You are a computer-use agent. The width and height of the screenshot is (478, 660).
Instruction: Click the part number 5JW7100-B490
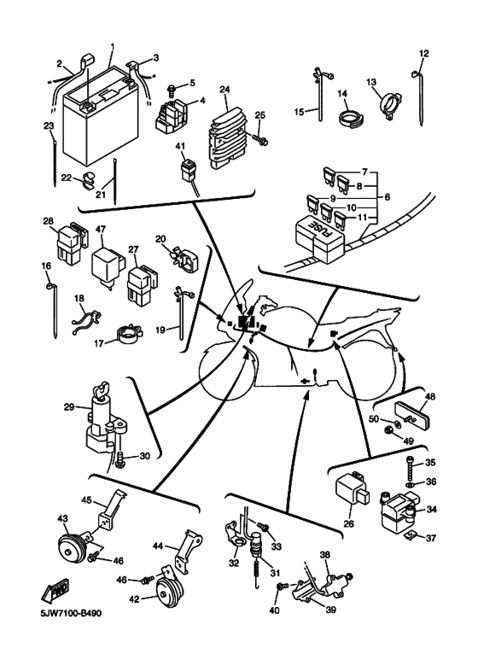tap(71, 613)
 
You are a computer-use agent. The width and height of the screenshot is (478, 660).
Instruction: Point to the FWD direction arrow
tap(55, 590)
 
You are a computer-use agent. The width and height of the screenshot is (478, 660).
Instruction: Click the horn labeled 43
tap(70, 547)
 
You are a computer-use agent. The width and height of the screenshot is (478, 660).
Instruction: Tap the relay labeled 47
tap(108, 266)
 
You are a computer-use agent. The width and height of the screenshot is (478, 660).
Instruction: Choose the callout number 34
tap(431, 510)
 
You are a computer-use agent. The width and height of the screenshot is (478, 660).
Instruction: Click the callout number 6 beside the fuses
tap(388, 196)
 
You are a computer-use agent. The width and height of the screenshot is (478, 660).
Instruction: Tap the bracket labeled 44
tap(188, 548)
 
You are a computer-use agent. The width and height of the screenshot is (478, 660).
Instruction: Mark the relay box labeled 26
tap(353, 488)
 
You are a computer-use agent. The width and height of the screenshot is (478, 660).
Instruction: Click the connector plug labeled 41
tap(189, 170)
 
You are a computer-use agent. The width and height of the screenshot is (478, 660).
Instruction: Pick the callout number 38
tap(325, 555)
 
